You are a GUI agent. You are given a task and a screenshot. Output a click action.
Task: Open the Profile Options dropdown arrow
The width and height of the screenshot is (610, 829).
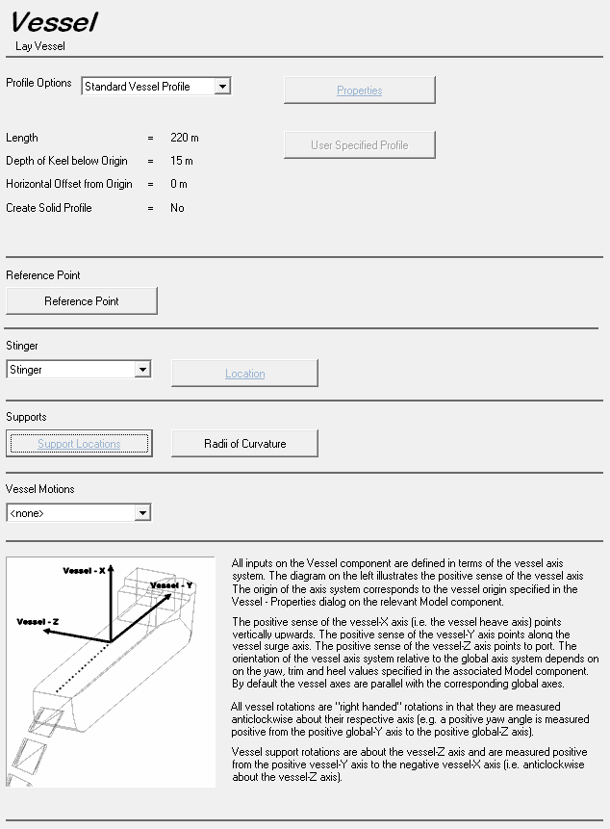click(222, 87)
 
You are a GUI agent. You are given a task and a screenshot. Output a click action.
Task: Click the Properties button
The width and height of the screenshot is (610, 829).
click(360, 91)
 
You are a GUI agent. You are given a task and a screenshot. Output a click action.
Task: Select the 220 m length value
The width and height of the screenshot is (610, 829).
click(185, 138)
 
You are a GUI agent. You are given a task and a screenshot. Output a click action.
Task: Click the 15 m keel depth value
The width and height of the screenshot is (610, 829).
click(182, 161)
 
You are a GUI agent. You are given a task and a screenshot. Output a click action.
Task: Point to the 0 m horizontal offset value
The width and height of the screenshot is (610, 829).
click(179, 184)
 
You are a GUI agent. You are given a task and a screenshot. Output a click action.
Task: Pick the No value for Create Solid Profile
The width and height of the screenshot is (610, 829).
click(177, 208)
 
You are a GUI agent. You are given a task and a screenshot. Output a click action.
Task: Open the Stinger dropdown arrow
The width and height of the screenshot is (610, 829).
click(142, 370)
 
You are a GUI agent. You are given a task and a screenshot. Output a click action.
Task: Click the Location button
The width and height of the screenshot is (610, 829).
click(244, 374)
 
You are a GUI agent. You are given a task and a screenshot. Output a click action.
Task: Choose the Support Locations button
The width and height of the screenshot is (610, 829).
click(79, 444)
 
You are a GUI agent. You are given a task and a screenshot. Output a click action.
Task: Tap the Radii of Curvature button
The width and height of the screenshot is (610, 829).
click(244, 444)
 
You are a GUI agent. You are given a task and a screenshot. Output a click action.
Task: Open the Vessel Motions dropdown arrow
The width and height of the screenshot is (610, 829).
click(142, 513)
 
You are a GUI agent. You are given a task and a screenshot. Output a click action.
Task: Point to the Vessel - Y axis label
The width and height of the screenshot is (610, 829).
click(172, 585)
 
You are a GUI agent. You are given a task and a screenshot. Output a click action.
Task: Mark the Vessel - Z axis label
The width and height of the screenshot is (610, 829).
click(38, 622)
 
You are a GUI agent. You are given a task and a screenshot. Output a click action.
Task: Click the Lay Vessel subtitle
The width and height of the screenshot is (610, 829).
click(40, 45)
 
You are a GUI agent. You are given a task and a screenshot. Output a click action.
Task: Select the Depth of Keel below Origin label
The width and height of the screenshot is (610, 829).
click(66, 161)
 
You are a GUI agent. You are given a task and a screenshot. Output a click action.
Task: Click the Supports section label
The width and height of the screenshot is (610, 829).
click(26, 417)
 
